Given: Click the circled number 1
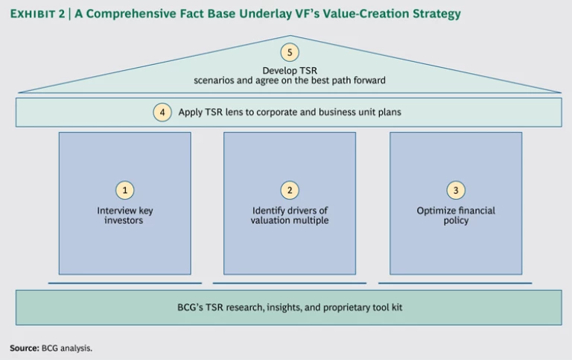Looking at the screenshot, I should tap(125, 191).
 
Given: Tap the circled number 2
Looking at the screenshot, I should tap(290, 191).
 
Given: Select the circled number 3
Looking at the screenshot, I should tap(455, 191).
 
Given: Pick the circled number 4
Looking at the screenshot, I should tap(163, 113).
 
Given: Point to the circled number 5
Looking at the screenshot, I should tap(290, 52).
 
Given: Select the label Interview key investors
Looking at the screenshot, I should tap(125, 215).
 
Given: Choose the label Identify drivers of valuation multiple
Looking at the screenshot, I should tap(290, 215).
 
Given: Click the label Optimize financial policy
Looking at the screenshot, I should tap(455, 215).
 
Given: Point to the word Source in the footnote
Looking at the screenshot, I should tap(25, 347).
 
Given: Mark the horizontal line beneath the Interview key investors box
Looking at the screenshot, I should tap(125, 283).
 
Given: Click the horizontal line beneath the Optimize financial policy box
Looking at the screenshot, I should tap(455, 283).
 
